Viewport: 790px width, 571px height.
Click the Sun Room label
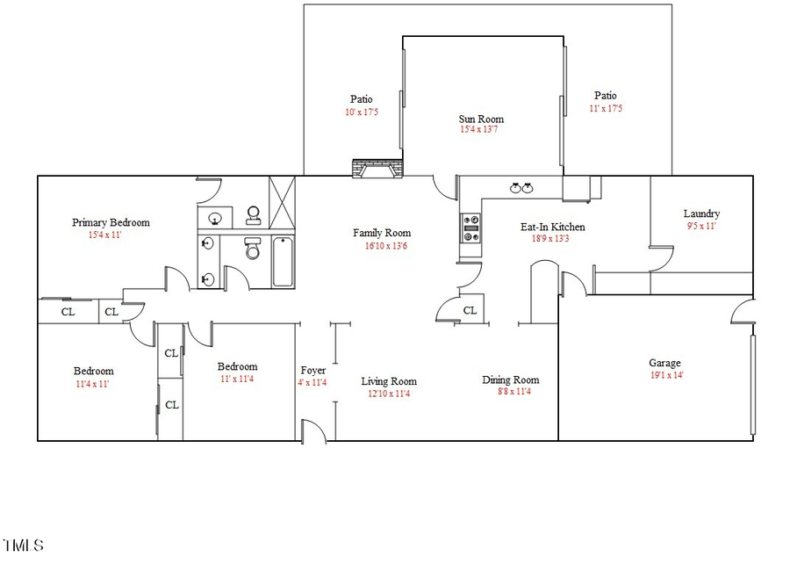pos(481,119)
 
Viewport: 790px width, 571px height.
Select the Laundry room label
pos(701,213)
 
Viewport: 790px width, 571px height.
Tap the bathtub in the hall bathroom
pos(283,262)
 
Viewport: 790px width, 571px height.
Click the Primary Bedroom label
pos(111,222)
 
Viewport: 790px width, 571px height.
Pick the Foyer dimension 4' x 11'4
pos(313,382)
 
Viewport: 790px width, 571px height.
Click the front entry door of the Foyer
pos(313,430)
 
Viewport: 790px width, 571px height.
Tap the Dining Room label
pos(511,379)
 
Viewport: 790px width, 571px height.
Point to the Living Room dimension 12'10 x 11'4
pos(389,394)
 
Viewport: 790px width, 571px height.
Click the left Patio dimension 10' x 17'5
pos(361,112)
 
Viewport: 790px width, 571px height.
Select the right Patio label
pos(605,96)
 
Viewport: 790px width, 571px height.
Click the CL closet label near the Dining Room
pos(470,310)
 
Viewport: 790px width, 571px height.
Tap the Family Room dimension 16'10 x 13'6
pos(382,245)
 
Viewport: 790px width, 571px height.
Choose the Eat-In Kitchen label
pos(553,227)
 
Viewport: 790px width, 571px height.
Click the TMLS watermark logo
pos(24,546)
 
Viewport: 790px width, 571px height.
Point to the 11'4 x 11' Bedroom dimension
pos(93,383)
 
